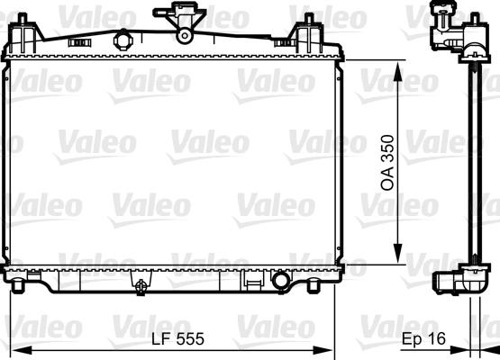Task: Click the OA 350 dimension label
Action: pyautogui.click(x=386, y=162)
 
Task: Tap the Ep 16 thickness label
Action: pyautogui.click(x=422, y=341)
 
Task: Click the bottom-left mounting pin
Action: pyautogui.click(x=19, y=287)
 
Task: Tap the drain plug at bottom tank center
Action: pyautogui.click(x=141, y=286)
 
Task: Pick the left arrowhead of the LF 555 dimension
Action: pyautogui.click(x=13, y=350)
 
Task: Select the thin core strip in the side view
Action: pyautogui.click(x=471, y=162)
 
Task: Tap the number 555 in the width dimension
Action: pyautogui.click(x=195, y=341)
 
